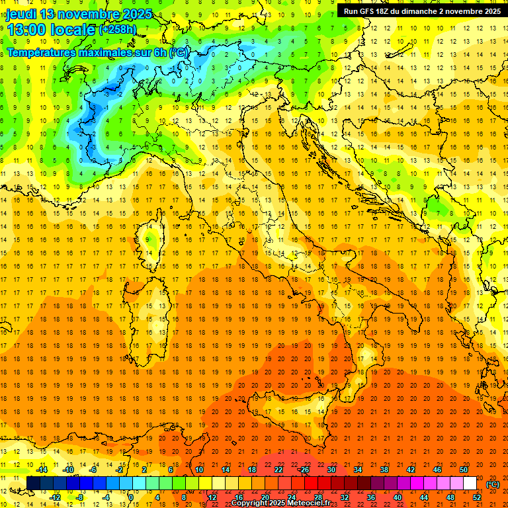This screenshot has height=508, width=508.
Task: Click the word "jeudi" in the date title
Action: coord(20,13)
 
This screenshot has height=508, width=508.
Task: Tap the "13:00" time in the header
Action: coord(27,29)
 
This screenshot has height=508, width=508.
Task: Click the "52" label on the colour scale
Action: coord(477,497)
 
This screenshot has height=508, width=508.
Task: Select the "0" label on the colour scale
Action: coord(130,497)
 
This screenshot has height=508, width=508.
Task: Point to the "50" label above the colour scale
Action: coord(464,470)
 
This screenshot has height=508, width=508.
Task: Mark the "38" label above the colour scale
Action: coord(384,470)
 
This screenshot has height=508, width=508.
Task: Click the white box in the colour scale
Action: coord(470,484)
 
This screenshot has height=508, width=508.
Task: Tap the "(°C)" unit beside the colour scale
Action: coord(493,484)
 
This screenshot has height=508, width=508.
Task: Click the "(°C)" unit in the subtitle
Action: coord(179,52)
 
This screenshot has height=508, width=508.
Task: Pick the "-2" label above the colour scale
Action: coord(120,470)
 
